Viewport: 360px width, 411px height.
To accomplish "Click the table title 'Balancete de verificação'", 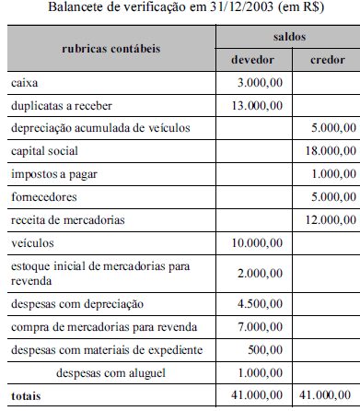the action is pos(180,9).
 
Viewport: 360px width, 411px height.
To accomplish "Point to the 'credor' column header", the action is pos(321,61).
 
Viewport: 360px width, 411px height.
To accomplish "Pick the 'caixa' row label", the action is pos(24,84).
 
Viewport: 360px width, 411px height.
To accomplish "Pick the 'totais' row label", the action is pos(25,396).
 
